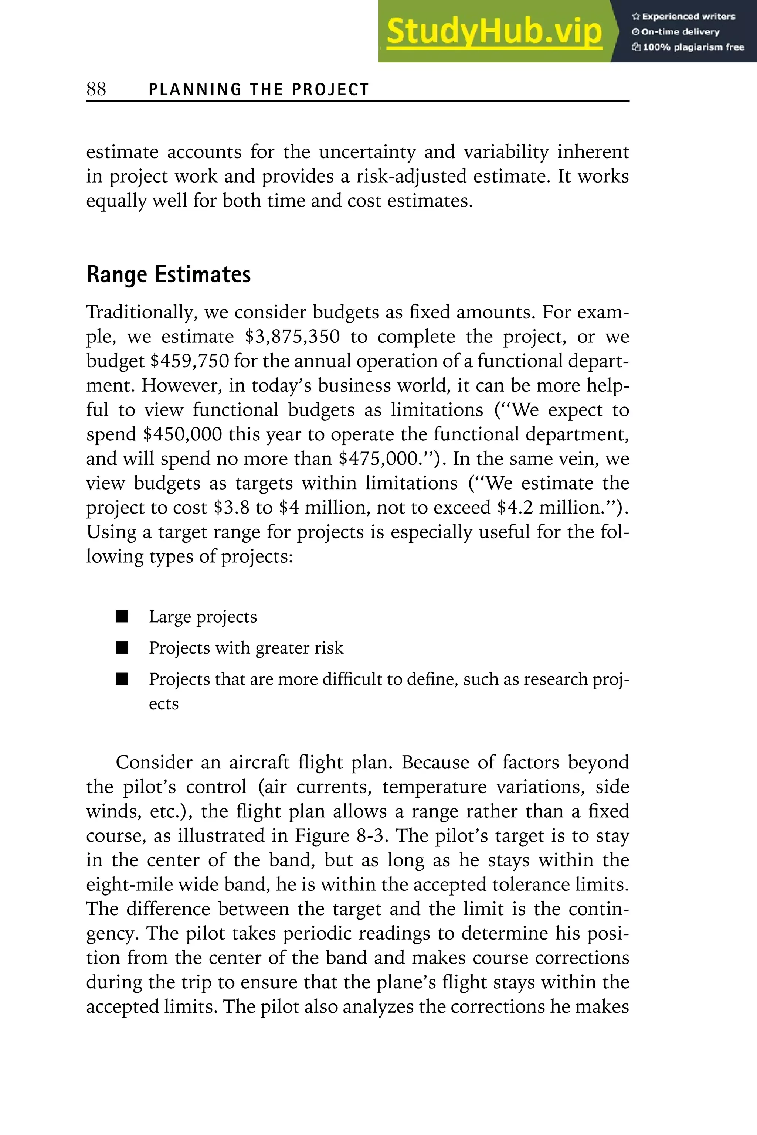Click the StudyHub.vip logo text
pos(494,32)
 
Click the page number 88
pos(96,89)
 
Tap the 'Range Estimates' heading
pos(169,274)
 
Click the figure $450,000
pos(183,434)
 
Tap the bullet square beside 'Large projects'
pos(122,616)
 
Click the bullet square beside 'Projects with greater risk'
pos(122,648)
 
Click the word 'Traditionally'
pos(141,313)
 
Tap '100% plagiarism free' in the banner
pos(693,47)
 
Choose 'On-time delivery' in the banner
pos(680,32)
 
